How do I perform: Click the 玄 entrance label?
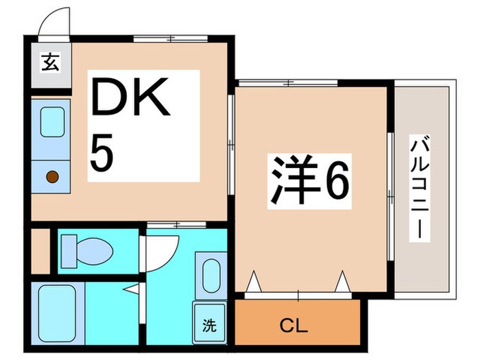point(51,64)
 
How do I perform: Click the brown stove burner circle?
point(52,177)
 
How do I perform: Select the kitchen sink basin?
point(52,122)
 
